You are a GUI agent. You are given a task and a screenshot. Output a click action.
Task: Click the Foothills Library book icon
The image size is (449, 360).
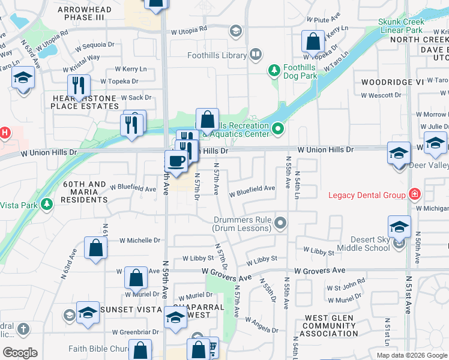coord(256,55)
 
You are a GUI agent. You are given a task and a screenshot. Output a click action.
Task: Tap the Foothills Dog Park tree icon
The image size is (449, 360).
coord(274,71)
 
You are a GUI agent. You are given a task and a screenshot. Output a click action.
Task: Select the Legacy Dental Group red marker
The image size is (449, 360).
coord(414,194)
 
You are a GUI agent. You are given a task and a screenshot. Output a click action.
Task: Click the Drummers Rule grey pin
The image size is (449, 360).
coord(280,224)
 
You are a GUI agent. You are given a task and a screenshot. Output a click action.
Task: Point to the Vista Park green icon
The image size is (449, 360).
coord(46,205)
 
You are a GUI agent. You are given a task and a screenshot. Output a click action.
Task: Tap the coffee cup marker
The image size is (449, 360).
coord(176,161)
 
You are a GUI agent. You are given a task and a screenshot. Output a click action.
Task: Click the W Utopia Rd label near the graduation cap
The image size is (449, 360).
coord(189,28)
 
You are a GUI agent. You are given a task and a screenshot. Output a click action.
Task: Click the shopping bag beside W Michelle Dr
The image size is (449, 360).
coord(96,247)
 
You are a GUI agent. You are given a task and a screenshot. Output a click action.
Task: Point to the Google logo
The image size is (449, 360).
coord(20,353)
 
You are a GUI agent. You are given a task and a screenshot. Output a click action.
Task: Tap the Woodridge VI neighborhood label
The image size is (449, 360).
coord(393,81)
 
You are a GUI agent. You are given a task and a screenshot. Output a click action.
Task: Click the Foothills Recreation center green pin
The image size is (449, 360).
coord(278,129)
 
